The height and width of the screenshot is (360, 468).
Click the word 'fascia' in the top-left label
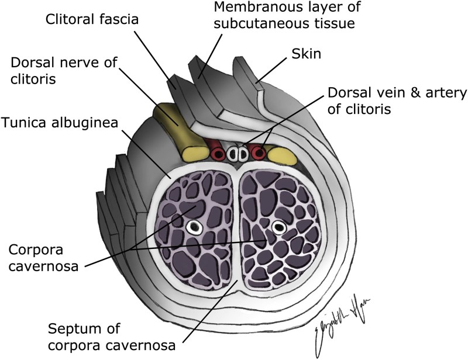[119, 19]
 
